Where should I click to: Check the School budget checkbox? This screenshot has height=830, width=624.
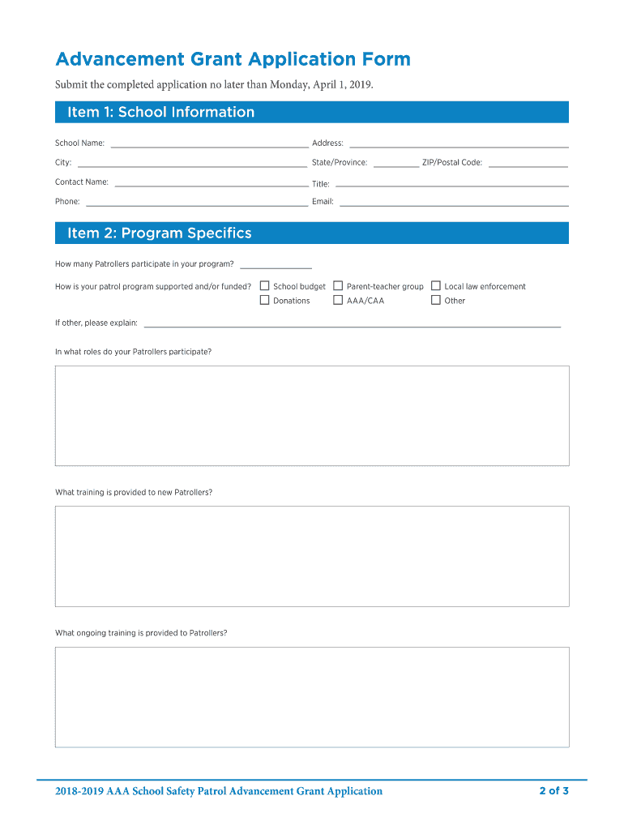click(x=264, y=286)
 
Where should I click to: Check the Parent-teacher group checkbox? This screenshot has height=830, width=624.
click(x=338, y=286)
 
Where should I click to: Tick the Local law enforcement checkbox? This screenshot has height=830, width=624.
click(x=436, y=286)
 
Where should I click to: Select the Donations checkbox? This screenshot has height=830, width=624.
click(x=264, y=300)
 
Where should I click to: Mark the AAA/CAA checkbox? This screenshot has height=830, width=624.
click(x=338, y=300)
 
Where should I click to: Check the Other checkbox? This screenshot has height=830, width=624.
click(x=436, y=300)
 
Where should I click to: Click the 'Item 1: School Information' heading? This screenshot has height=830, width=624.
click(x=161, y=112)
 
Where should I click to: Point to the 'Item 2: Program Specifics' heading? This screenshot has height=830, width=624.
click(x=160, y=233)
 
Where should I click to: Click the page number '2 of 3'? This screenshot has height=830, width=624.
click(x=553, y=791)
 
